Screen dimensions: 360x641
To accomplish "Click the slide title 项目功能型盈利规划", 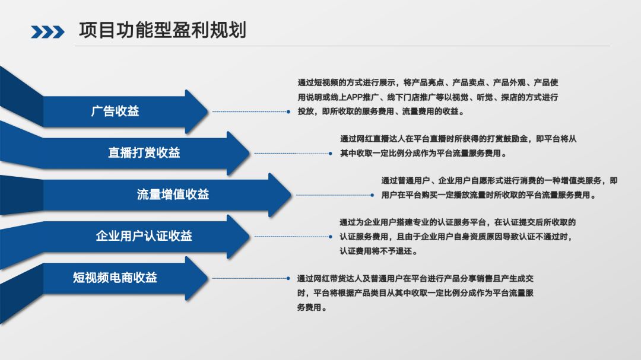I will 162,30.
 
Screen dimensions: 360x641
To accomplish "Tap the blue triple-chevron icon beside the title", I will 47,32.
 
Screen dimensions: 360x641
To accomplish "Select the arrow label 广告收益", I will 115,111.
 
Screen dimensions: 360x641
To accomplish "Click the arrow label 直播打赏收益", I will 144,152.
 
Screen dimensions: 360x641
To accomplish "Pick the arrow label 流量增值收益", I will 173,194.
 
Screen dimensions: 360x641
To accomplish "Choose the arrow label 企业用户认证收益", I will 144,235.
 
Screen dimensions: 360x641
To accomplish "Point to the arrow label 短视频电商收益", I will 115,277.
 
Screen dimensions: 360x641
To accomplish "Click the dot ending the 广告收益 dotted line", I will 288,111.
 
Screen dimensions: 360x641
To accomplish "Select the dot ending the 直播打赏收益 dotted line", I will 331,153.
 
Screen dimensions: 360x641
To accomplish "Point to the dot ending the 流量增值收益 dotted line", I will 372,195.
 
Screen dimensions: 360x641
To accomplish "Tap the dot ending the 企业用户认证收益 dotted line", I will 331,236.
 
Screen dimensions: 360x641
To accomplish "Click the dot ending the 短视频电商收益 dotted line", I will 288,278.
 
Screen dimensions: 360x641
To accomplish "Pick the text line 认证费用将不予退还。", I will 379,251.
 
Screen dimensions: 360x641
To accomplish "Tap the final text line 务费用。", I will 312,307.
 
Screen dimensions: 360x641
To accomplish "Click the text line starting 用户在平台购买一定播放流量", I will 488,195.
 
